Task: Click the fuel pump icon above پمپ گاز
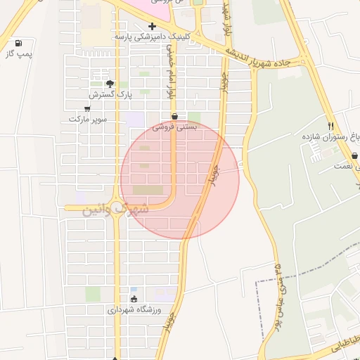click(x=17, y=43)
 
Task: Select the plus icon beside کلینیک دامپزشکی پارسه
click(x=152, y=26)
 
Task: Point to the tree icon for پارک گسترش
click(x=110, y=84)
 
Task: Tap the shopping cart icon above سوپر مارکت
click(x=87, y=109)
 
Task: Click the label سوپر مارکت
click(x=88, y=120)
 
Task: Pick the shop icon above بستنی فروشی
click(x=174, y=116)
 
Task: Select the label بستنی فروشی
click(x=173, y=127)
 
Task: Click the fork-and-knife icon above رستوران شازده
click(x=330, y=126)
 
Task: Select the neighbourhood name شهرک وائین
click(x=117, y=209)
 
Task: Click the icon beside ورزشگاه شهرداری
click(x=134, y=299)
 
